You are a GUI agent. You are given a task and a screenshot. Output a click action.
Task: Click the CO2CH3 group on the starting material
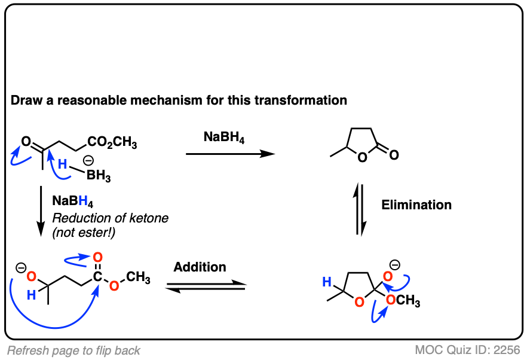[x=112, y=143]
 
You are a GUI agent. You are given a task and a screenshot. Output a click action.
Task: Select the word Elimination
[x=416, y=205]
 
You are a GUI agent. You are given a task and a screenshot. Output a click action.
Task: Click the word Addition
[x=200, y=267]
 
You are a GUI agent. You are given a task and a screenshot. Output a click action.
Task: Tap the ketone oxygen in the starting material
[x=26, y=142]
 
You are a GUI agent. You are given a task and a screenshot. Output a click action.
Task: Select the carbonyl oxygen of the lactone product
[x=394, y=155]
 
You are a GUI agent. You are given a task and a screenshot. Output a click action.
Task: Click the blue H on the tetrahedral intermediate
[x=326, y=280]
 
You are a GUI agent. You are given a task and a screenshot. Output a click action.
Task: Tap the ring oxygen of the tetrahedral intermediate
[x=358, y=302]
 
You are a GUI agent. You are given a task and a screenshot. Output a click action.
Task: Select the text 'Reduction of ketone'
[x=110, y=218]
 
